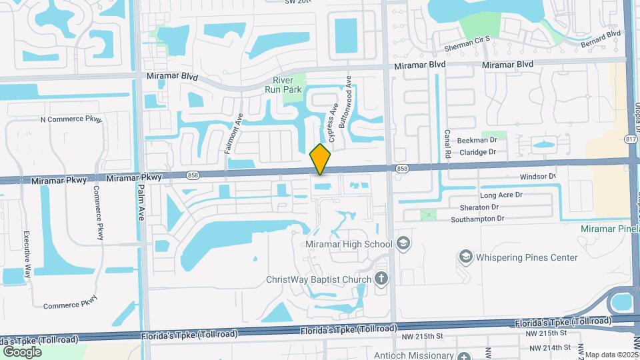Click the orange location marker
click(x=321, y=159)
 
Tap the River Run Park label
click(x=283, y=85)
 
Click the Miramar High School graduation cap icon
click(x=403, y=243)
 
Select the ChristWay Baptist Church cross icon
click(x=381, y=278)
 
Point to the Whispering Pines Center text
click(x=527, y=257)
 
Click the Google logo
click(x=22, y=351)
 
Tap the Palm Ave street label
click(x=141, y=204)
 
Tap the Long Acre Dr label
click(x=501, y=195)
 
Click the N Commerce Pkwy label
click(x=71, y=120)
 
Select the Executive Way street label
click(x=27, y=254)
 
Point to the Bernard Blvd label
click(x=601, y=33)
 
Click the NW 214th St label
click(x=549, y=347)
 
